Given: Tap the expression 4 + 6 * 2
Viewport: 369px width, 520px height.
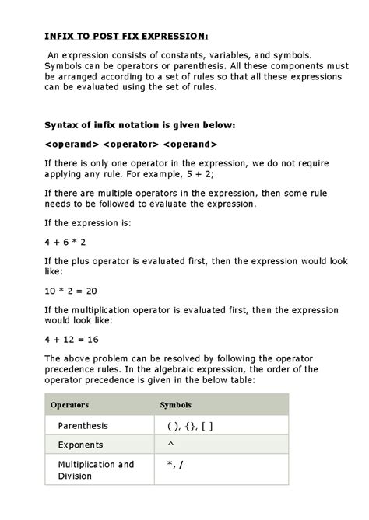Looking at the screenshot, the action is (65, 242).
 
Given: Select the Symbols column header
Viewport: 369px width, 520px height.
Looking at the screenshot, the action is (175, 405).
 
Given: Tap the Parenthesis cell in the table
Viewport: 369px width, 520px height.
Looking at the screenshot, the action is (83, 426).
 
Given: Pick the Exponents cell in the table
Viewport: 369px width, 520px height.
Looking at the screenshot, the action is (80, 445).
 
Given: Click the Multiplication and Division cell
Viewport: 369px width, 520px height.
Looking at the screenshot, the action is (96, 470).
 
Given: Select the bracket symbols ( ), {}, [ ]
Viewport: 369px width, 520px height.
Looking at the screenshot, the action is (189, 426).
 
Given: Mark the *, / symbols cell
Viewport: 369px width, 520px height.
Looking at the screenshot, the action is (175, 465).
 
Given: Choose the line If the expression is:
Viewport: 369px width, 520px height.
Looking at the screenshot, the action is (88, 223).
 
